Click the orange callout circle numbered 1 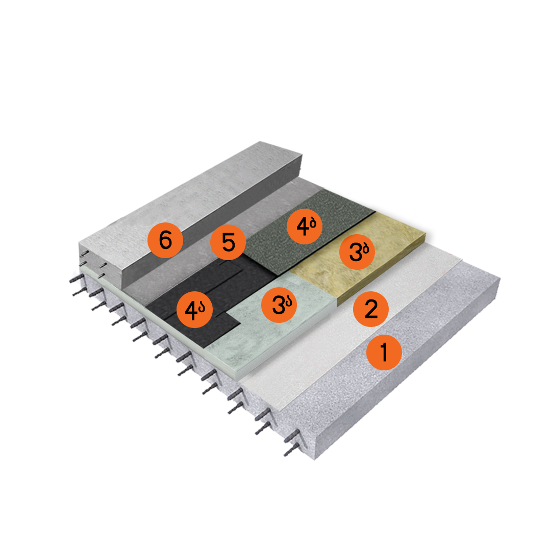(x=384, y=352)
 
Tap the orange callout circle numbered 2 (x=371, y=309)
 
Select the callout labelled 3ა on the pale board (x=280, y=305)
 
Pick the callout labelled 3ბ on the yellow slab (x=357, y=252)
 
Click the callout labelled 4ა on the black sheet (x=194, y=310)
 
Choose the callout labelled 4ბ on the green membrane (x=305, y=227)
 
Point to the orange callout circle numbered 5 (x=228, y=242)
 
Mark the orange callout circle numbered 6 (x=165, y=240)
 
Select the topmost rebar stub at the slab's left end (x=76, y=279)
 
